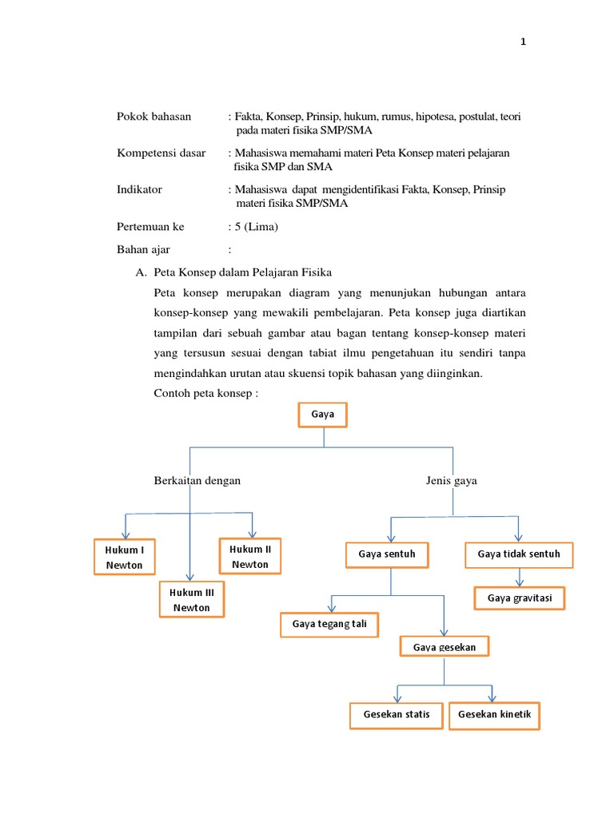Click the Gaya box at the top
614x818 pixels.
click(x=322, y=415)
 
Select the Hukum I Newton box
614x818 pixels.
click(x=124, y=558)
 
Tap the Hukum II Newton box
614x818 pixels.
click(x=250, y=557)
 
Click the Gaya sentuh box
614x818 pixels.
click(x=388, y=554)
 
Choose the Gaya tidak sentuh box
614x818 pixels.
click(x=519, y=554)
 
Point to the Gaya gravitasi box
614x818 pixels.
click(x=520, y=598)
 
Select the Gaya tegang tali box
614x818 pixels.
click(x=329, y=624)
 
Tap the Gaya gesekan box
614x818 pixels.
click(x=444, y=646)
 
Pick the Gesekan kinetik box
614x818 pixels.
click(x=495, y=714)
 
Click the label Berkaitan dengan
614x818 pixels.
click(x=197, y=481)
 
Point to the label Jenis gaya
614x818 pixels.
click(x=452, y=481)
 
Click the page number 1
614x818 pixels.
click(x=524, y=42)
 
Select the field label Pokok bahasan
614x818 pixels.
click(x=154, y=117)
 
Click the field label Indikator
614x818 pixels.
click(x=140, y=189)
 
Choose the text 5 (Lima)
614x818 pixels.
click(x=254, y=227)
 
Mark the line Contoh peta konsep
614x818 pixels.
click(x=206, y=394)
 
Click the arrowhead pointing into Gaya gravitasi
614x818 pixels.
click(x=520, y=582)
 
